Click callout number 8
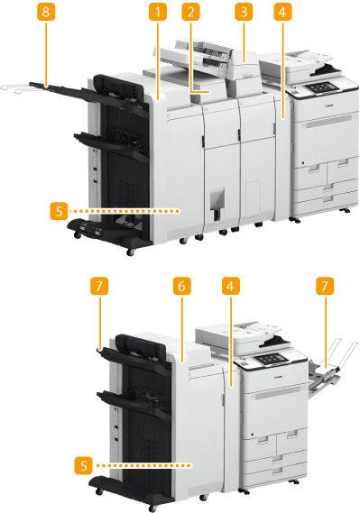46,12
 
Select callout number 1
158,12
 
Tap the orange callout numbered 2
190,12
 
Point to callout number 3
244,12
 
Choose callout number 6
181,287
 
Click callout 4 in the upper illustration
282,12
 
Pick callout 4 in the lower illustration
231,287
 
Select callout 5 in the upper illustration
59,211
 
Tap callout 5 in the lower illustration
83,465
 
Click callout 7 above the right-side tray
325,287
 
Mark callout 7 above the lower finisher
99,287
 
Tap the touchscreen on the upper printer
320,87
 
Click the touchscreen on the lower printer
272,359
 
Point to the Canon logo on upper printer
329,105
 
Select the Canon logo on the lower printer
279,377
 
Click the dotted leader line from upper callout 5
125,211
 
